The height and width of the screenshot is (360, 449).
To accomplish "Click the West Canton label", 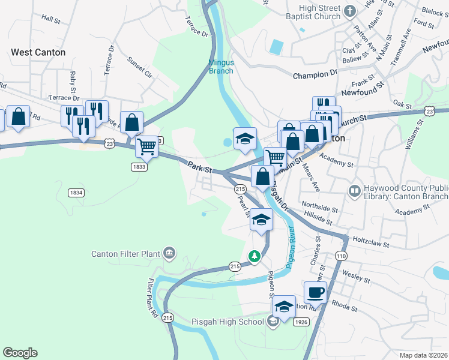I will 38,53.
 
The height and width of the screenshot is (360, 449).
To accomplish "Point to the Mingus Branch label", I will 221,66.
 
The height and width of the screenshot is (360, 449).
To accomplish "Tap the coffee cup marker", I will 316,293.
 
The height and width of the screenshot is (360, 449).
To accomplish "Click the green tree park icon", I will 255,257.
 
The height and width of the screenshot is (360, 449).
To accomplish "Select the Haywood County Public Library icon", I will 355,191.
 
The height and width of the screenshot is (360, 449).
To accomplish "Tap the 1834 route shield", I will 76,193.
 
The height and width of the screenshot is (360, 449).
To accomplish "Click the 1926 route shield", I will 301,322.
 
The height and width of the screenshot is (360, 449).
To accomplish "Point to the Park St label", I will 200,167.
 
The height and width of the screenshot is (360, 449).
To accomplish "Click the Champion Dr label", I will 315,75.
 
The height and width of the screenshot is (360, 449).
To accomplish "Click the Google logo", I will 20,353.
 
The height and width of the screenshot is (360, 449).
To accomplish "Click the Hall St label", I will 51,20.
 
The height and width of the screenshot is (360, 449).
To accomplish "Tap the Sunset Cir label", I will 139,67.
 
